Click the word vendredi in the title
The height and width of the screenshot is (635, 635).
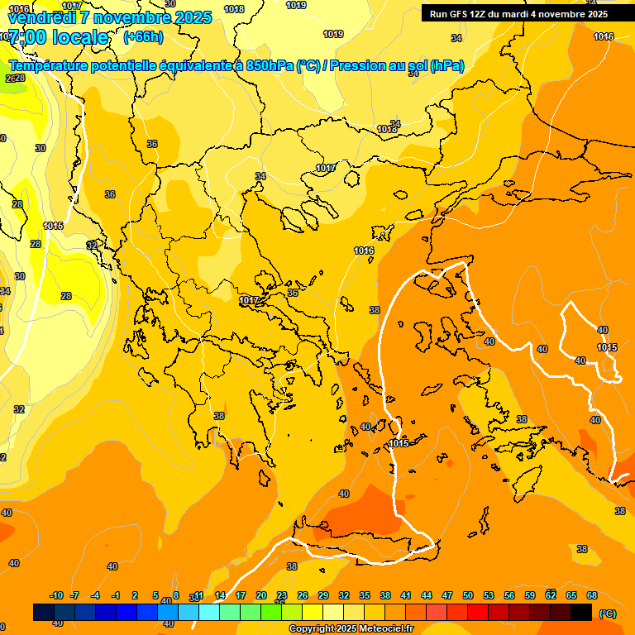click(37, 17)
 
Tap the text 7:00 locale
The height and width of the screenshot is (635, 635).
click(56, 37)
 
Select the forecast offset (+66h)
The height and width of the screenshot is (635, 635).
click(143, 37)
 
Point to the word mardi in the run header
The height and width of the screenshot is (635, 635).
click(522, 14)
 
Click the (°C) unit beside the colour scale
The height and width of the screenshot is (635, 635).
click(607, 614)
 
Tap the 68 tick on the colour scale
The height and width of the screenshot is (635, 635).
click(592, 595)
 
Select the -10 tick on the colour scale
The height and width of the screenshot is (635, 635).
click(56, 595)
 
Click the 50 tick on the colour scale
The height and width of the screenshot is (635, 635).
click(468, 595)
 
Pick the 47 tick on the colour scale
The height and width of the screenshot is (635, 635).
click(447, 595)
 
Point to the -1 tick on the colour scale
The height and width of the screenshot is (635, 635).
click(117, 595)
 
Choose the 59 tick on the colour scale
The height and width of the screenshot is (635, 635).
click(530, 595)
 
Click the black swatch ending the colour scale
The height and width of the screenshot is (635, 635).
click(581, 612)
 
